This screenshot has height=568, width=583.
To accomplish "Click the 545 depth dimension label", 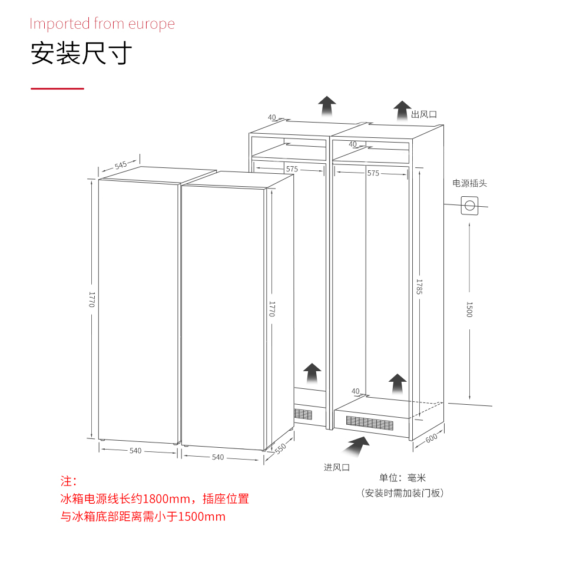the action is tap(121, 165).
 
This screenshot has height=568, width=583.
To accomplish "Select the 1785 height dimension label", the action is tap(419, 287).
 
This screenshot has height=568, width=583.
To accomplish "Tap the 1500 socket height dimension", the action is tap(469, 309).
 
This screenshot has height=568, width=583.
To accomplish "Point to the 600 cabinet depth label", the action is tap(431, 438).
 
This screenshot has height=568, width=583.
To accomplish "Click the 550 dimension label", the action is tap(280, 448).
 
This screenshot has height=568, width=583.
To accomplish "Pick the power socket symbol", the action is tap(469, 206).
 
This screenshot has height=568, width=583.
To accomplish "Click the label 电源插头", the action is tap(469, 183).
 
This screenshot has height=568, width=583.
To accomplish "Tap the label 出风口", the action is tap(424, 114).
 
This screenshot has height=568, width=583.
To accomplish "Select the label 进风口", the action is tap(337, 467).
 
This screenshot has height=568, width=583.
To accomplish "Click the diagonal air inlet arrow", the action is tap(356, 446).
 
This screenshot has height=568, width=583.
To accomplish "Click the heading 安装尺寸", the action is tap(81, 53).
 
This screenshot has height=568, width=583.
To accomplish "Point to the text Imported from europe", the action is tap(102, 24).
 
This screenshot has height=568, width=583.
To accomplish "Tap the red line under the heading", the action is tap(57, 88).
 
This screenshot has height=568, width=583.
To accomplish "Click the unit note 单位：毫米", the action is tap(402, 478).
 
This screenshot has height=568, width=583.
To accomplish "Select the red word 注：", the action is tap(68, 481).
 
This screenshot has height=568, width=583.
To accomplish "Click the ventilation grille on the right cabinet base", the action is tap(370, 423).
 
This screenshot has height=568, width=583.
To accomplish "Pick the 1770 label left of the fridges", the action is tap(91, 299).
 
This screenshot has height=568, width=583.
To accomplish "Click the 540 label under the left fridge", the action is tap(135, 451).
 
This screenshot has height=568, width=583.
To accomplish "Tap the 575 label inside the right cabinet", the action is tap(373, 173).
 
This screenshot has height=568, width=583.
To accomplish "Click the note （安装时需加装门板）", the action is tap(402, 493).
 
